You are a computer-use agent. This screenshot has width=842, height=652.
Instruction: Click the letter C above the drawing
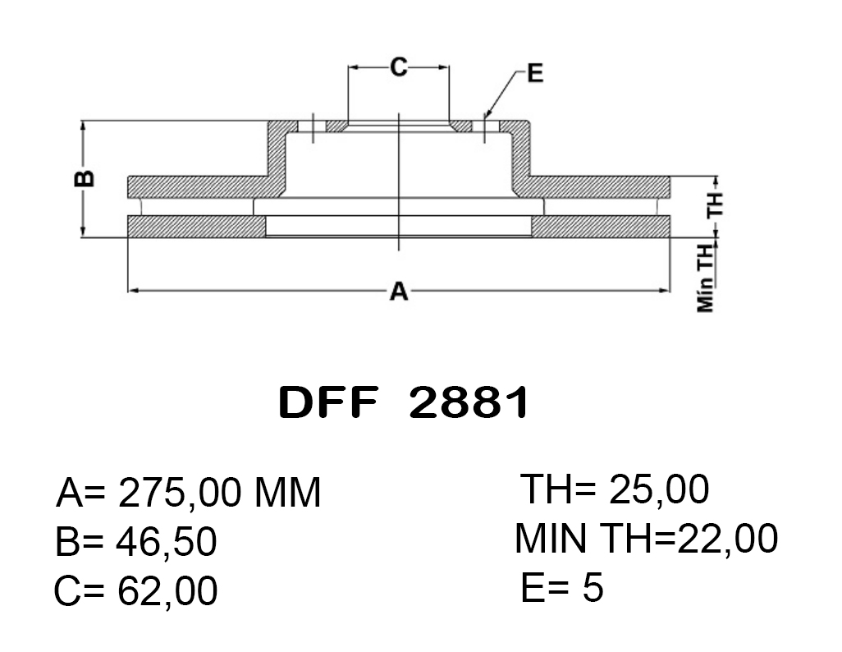point(399,67)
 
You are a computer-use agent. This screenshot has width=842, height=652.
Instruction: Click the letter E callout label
point(535,72)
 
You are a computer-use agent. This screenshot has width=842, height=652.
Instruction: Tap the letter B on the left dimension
point(85,178)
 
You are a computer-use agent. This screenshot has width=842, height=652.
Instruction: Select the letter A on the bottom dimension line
point(399,292)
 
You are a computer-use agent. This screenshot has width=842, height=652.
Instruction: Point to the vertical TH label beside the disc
point(715,204)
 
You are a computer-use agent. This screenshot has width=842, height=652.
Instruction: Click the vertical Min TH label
point(706,278)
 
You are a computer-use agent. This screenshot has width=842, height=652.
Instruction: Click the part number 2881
point(469,402)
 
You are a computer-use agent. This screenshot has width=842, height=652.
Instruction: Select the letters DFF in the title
point(327,402)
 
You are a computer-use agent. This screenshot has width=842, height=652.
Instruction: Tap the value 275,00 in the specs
point(178,494)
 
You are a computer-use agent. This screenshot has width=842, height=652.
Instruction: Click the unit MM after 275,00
point(287,493)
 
